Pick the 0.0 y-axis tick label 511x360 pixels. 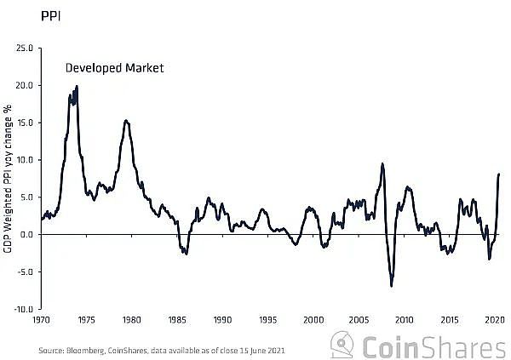26,234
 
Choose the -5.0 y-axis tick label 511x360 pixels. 25,271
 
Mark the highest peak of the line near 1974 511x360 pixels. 77,86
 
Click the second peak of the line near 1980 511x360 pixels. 126,121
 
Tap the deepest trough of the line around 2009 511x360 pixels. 392,286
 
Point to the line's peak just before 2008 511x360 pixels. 382,163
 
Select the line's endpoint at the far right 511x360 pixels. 499,174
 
